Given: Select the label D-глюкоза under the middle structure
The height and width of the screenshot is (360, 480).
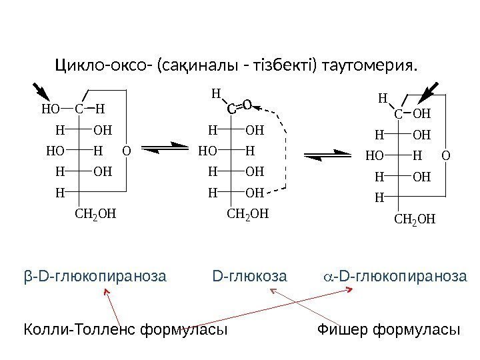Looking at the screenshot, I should pyautogui.click(x=249, y=275).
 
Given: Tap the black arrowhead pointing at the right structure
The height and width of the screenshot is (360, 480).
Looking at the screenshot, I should pyautogui.click(x=427, y=92).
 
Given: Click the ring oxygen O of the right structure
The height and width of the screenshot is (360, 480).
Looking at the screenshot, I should pyautogui.click(x=446, y=156).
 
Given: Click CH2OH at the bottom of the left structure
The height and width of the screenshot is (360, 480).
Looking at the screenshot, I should pyautogui.click(x=94, y=215).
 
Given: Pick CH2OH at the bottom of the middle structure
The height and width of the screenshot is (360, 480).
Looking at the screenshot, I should pyautogui.click(x=248, y=215).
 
